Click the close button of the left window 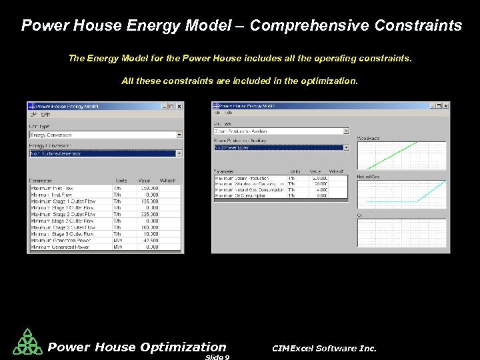[179, 106]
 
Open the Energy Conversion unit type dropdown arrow [179, 135]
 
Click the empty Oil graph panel [401, 233]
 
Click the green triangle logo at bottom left [27, 343]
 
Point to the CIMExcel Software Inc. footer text [324, 348]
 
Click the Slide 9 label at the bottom [217, 357]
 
